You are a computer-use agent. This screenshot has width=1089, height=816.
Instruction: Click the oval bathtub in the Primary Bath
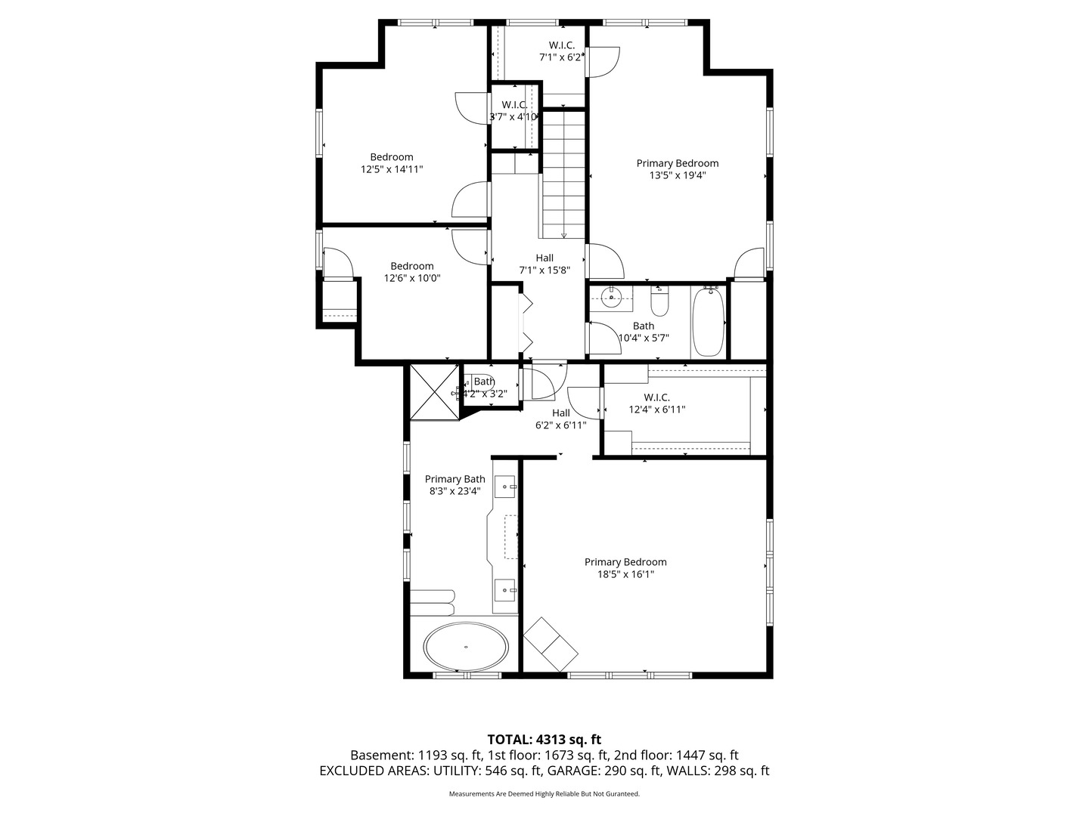(466, 647)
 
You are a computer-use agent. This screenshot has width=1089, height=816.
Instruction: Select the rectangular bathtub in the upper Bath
(709, 323)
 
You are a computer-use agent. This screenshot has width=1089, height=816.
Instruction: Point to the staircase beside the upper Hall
(563, 174)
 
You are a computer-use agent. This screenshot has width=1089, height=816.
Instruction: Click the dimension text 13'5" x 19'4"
(677, 175)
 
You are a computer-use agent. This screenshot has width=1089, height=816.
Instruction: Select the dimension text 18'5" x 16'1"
(625, 574)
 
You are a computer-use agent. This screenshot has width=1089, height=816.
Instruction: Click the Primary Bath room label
(455, 479)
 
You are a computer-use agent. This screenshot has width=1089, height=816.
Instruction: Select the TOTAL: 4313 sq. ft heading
(544, 740)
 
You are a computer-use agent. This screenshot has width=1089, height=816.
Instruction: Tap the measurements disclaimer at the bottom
(544, 794)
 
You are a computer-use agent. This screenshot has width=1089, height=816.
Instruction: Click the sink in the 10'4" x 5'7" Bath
(612, 298)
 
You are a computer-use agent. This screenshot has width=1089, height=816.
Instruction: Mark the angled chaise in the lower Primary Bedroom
(551, 644)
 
